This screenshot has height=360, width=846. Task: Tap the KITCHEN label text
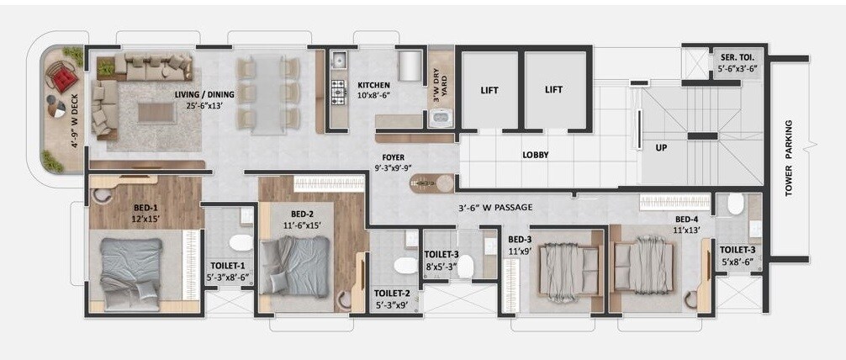tap(373, 86)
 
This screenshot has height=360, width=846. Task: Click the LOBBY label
tap(535, 155)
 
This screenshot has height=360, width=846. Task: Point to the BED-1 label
tap(145, 208)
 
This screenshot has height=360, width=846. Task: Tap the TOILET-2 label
tap(392, 294)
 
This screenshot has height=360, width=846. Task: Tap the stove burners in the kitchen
tap(339, 89)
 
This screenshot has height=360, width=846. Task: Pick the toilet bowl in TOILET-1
tap(241, 244)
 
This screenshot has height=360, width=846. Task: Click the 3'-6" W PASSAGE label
tap(495, 206)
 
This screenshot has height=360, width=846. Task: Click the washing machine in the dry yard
tap(441, 119)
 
